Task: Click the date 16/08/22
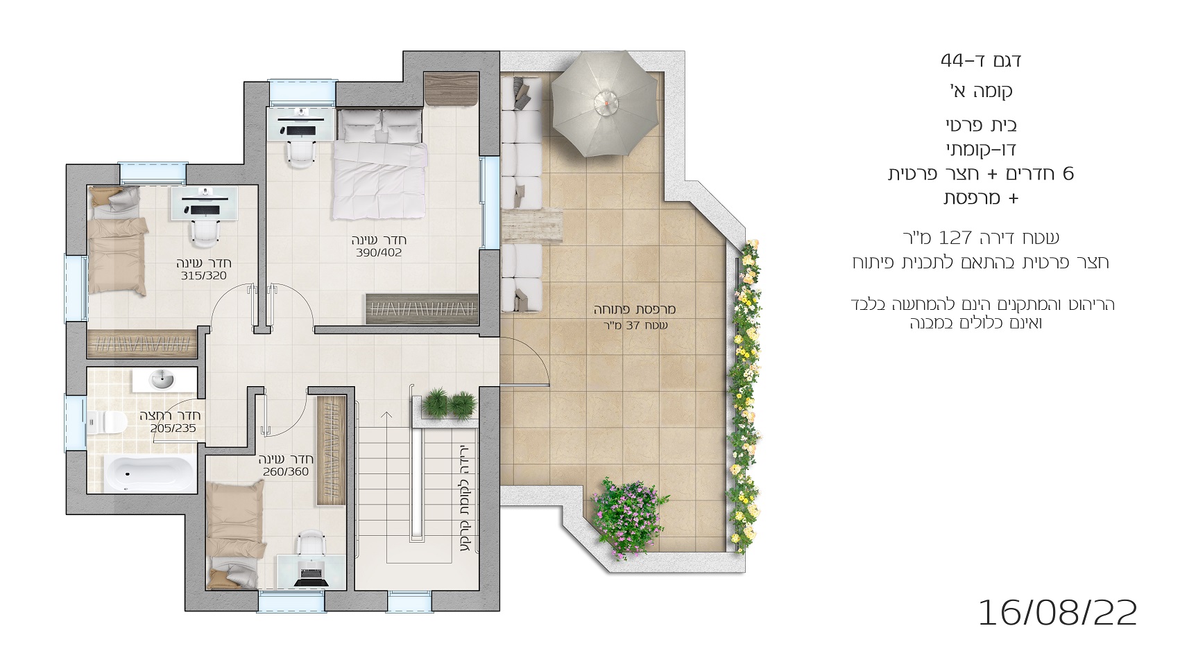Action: tap(1057, 613)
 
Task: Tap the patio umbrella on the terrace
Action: tap(606, 104)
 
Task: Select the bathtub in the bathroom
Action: tap(150, 473)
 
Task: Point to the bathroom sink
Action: tap(162, 379)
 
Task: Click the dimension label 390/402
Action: tap(378, 252)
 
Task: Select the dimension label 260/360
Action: tap(286, 472)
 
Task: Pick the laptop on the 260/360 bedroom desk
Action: tap(311, 576)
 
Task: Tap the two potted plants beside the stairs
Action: tap(449, 404)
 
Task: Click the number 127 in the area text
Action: tap(957, 238)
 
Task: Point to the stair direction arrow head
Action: tap(386, 415)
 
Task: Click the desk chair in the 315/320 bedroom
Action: tap(205, 233)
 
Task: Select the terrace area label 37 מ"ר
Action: tap(635, 326)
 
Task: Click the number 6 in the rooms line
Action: tap(1068, 174)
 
